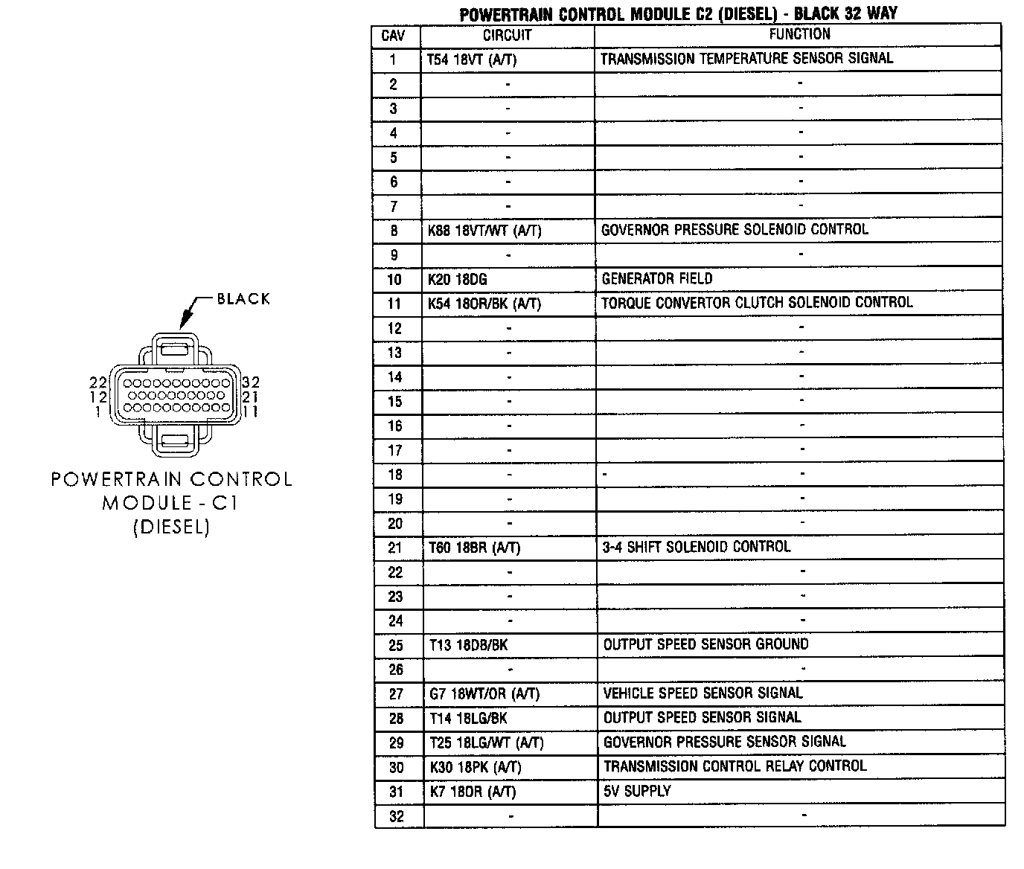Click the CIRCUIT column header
tap(507, 35)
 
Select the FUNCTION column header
tap(799, 34)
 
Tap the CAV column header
tap(393, 35)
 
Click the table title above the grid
tap(678, 13)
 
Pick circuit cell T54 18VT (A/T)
tap(471, 60)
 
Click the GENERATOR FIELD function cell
tap(657, 279)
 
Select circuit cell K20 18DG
tap(458, 280)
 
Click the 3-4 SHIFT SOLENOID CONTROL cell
tap(697, 547)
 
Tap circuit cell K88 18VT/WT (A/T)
tap(484, 231)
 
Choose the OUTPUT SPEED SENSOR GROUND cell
tap(705, 644)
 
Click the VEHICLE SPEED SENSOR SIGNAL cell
tap(703, 693)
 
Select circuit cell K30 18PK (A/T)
tap(476, 767)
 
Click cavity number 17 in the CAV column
tap(395, 450)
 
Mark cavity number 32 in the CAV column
tap(397, 816)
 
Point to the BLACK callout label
tap(243, 299)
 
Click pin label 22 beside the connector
tap(98, 382)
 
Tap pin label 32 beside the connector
tap(251, 382)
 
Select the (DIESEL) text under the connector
tap(171, 528)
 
